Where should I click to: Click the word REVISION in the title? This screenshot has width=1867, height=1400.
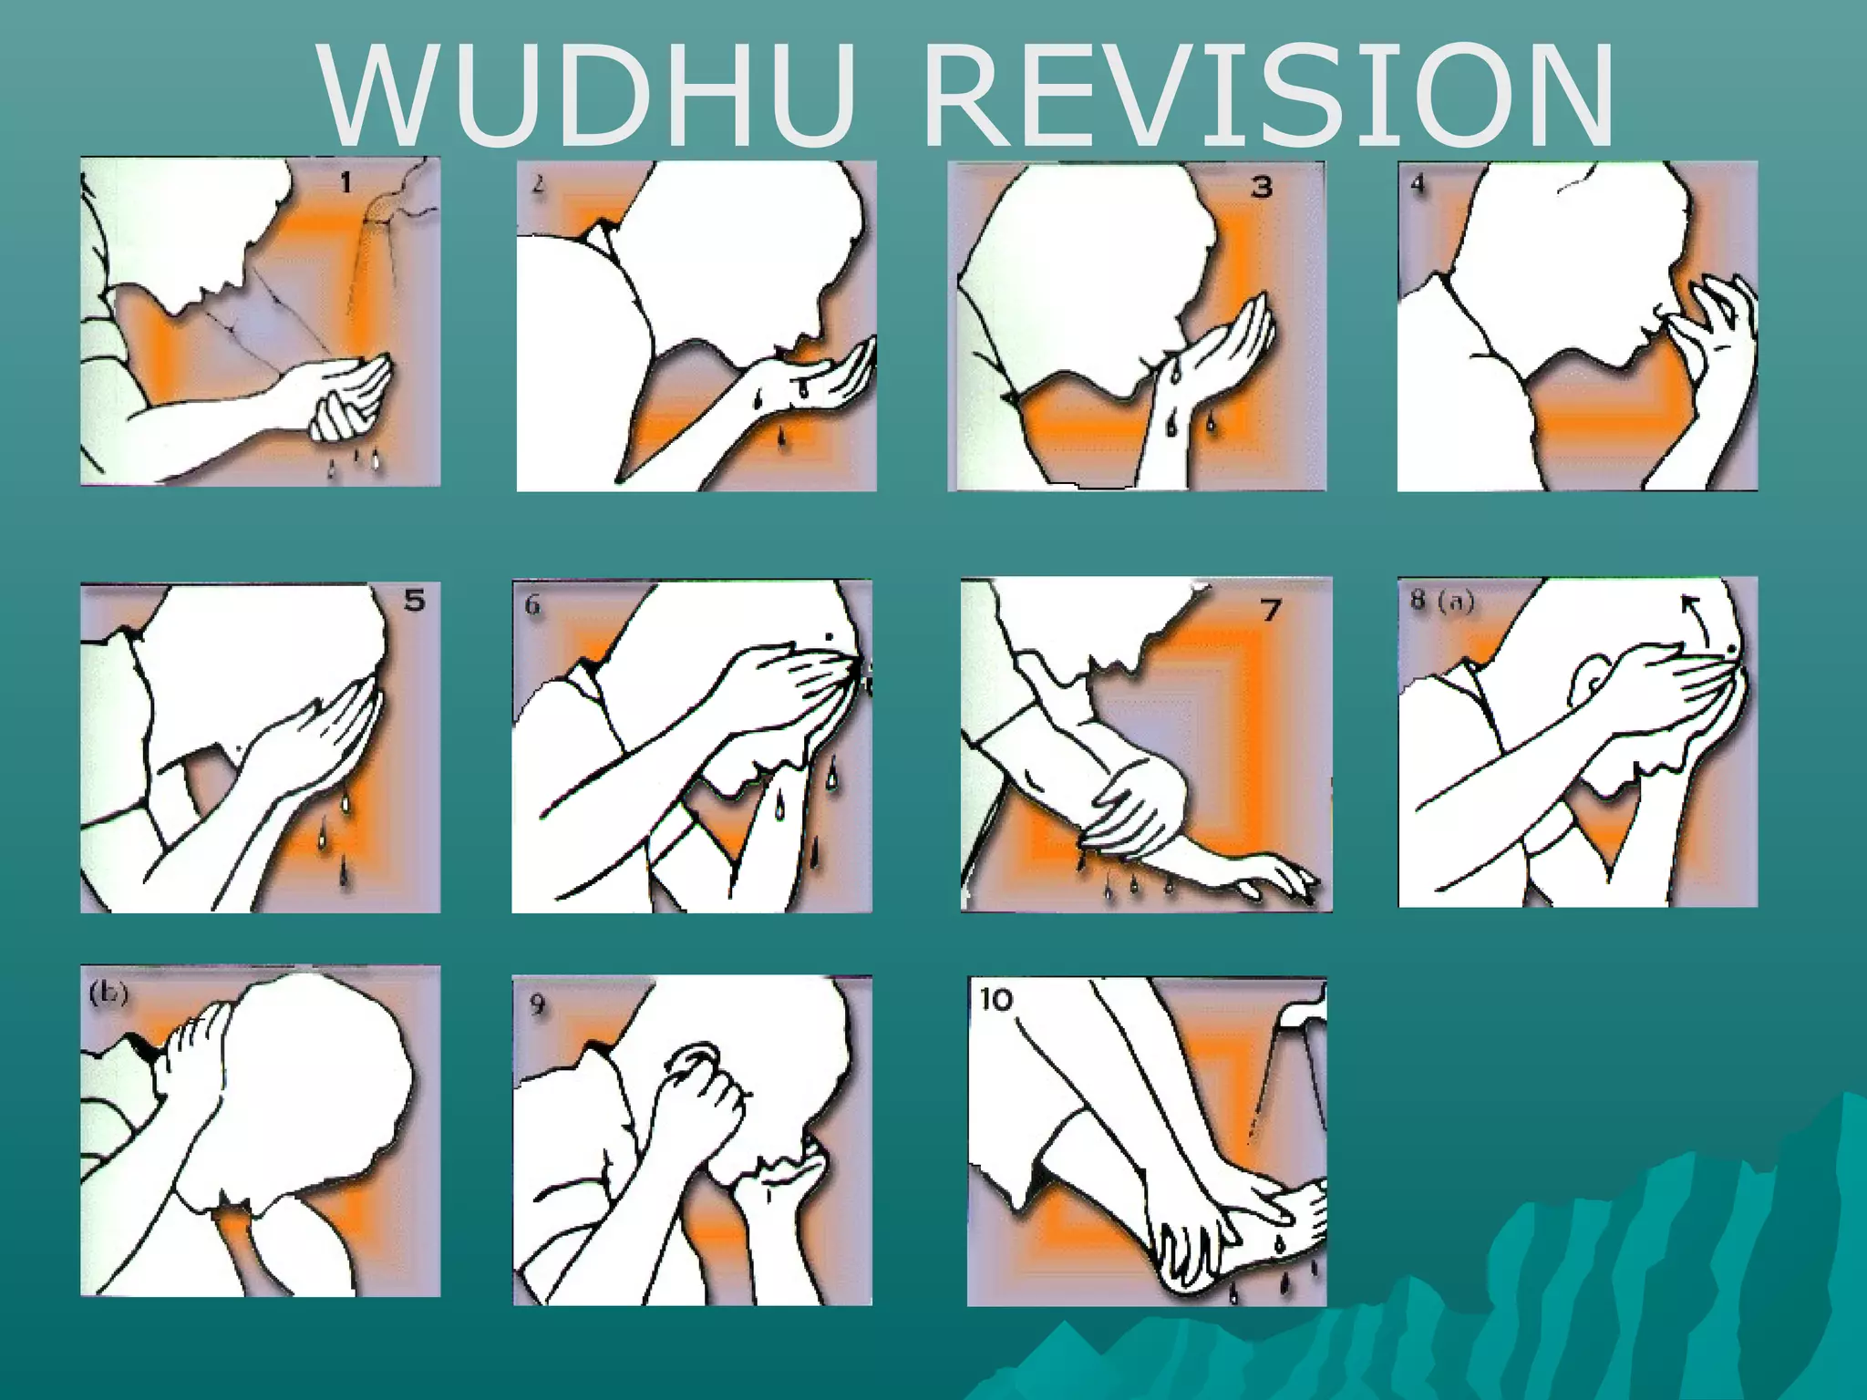(x=1268, y=95)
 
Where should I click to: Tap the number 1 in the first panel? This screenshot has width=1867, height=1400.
(x=346, y=184)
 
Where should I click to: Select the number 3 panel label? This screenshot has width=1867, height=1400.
(x=1261, y=188)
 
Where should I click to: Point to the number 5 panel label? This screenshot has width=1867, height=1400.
(x=414, y=601)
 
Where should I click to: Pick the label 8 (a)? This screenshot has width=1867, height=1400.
(x=1442, y=602)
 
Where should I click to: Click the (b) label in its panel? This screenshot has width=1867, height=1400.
(x=108, y=994)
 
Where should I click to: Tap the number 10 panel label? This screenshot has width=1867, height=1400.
(x=996, y=1000)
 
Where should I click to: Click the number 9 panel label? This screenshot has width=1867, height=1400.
(x=537, y=1004)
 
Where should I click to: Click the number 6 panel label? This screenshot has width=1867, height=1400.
(x=533, y=605)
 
